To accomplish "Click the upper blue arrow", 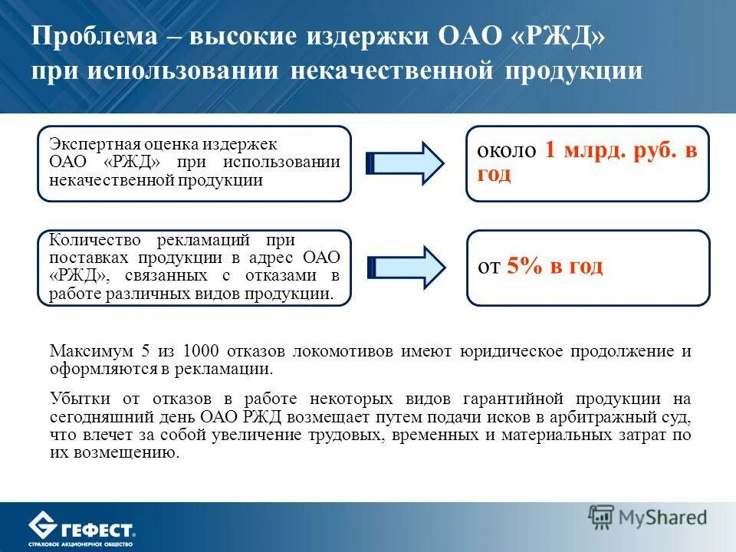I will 406,163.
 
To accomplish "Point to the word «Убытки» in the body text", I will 80,399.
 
